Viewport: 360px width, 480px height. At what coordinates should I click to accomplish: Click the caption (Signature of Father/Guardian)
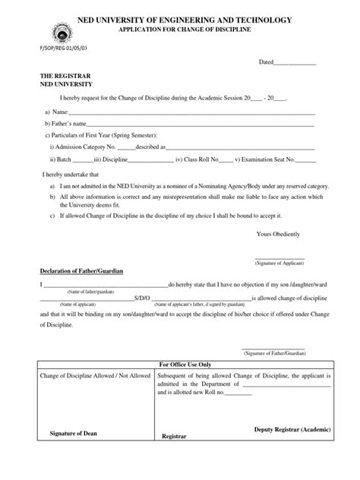pos(273,353)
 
